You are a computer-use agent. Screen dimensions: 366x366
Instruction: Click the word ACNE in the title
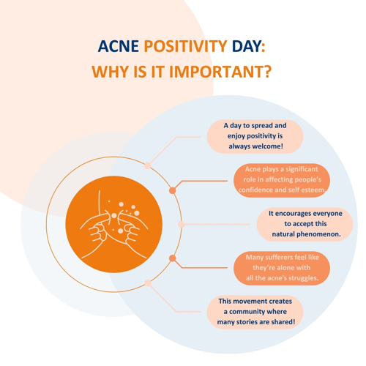(119, 46)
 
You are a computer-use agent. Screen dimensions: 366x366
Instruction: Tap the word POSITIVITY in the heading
(186, 46)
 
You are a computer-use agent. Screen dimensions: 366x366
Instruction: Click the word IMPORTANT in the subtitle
(217, 72)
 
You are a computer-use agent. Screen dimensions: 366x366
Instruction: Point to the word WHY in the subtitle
(111, 72)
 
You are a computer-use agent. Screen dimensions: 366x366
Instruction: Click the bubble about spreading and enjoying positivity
(255, 137)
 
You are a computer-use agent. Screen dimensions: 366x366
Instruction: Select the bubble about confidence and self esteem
(282, 180)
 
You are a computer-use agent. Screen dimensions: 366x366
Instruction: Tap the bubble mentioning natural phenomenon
(305, 224)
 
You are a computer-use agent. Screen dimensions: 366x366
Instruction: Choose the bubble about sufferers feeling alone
(282, 268)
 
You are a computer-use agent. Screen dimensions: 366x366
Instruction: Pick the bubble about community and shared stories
(255, 312)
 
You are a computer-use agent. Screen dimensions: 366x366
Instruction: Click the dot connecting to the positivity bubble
(148, 165)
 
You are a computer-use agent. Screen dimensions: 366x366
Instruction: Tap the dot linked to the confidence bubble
(173, 190)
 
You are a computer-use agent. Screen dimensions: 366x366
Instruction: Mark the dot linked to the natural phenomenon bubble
(182, 224)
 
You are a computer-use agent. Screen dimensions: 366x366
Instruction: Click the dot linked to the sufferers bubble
(173, 258)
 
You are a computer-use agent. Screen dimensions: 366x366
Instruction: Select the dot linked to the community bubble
(148, 283)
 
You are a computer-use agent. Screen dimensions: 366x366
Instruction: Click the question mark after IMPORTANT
(268, 72)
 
